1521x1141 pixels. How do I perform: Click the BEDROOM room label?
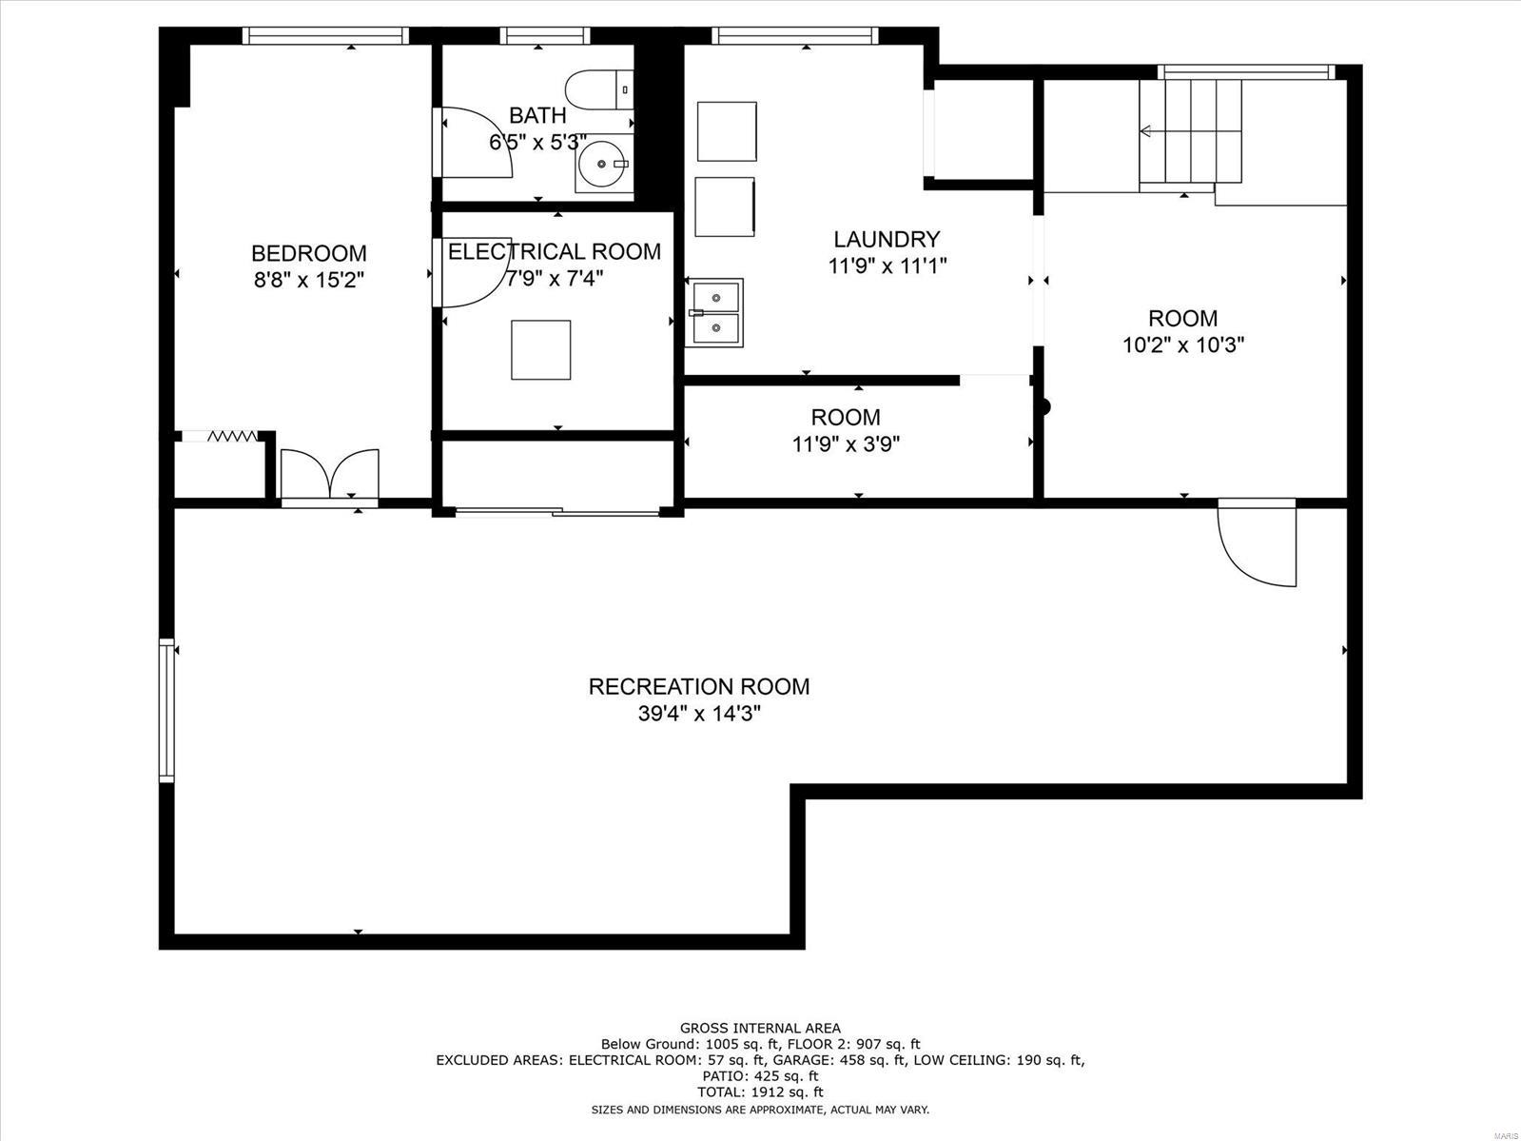308,253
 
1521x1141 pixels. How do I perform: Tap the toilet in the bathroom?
597,90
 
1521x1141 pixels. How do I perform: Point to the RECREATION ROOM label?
699,686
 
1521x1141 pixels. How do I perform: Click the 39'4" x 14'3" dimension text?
699,714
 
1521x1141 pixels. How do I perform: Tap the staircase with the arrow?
1191,131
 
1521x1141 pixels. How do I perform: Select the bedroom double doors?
329,474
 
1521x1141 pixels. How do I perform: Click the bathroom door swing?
476,143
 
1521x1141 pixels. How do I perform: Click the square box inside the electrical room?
541,350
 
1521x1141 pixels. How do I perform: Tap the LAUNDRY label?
887,239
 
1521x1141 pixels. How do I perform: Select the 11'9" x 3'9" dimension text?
846,443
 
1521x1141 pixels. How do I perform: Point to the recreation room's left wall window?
166,710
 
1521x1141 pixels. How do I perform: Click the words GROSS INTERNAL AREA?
760,1028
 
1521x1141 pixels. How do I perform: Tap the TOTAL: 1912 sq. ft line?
760,1092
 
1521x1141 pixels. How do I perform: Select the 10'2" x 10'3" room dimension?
1183,344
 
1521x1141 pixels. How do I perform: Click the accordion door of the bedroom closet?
232,436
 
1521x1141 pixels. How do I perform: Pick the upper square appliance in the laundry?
727,131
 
